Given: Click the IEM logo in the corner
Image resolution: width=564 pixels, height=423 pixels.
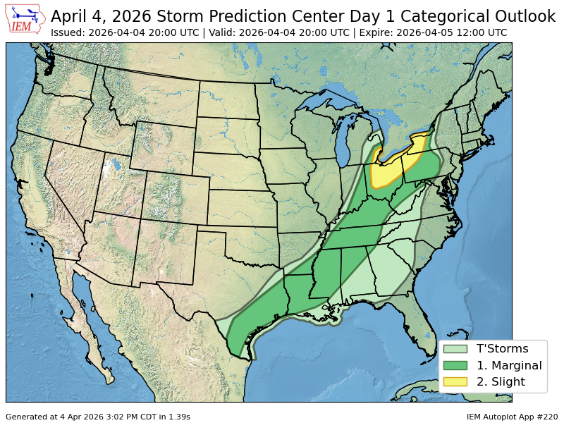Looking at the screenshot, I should [x=25, y=19].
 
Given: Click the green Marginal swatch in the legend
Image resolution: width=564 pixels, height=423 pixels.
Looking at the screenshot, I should [x=455, y=365].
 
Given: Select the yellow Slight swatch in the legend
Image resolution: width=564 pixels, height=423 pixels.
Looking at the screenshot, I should [x=455, y=382].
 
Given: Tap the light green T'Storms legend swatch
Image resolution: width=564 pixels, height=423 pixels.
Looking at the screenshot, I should [x=455, y=348].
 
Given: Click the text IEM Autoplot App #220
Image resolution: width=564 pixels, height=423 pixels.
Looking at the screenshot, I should [x=512, y=417].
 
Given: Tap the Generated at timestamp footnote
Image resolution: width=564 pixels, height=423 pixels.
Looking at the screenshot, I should [x=98, y=417].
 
